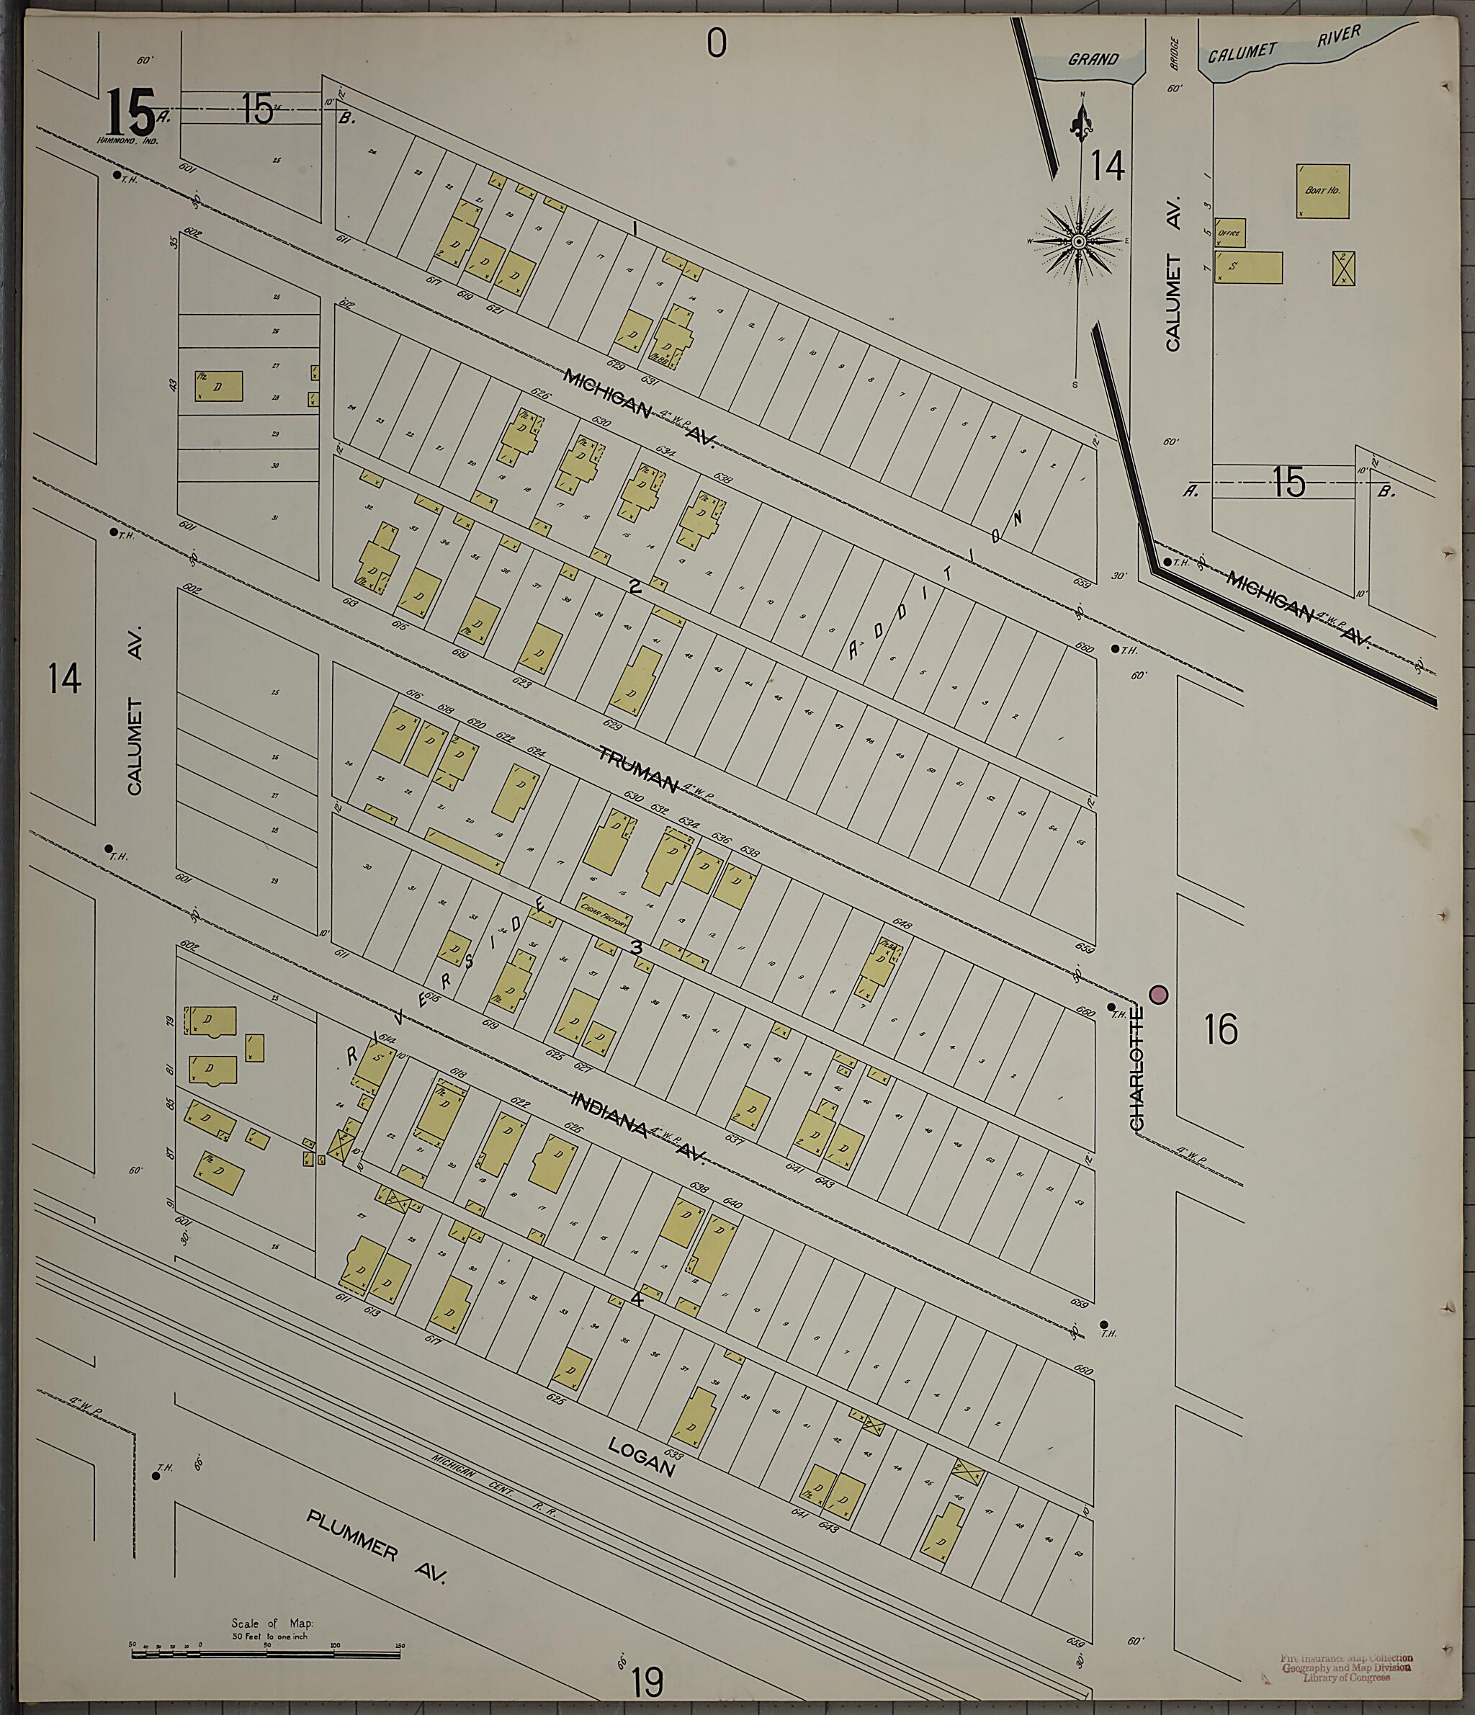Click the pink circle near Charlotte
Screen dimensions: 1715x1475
pyautogui.click(x=1158, y=994)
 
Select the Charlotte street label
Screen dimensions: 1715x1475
pyautogui.click(x=1136, y=1067)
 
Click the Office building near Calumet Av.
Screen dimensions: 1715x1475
pyautogui.click(x=1230, y=233)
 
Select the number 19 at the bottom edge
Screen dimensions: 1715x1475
pyautogui.click(x=647, y=1681)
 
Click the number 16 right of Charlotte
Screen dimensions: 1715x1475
pyautogui.click(x=1221, y=1030)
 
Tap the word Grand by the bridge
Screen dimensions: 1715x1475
pyautogui.click(x=1093, y=60)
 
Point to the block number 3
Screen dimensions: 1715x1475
pyautogui.click(x=637, y=947)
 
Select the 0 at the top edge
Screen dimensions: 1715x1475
pyautogui.click(x=716, y=42)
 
